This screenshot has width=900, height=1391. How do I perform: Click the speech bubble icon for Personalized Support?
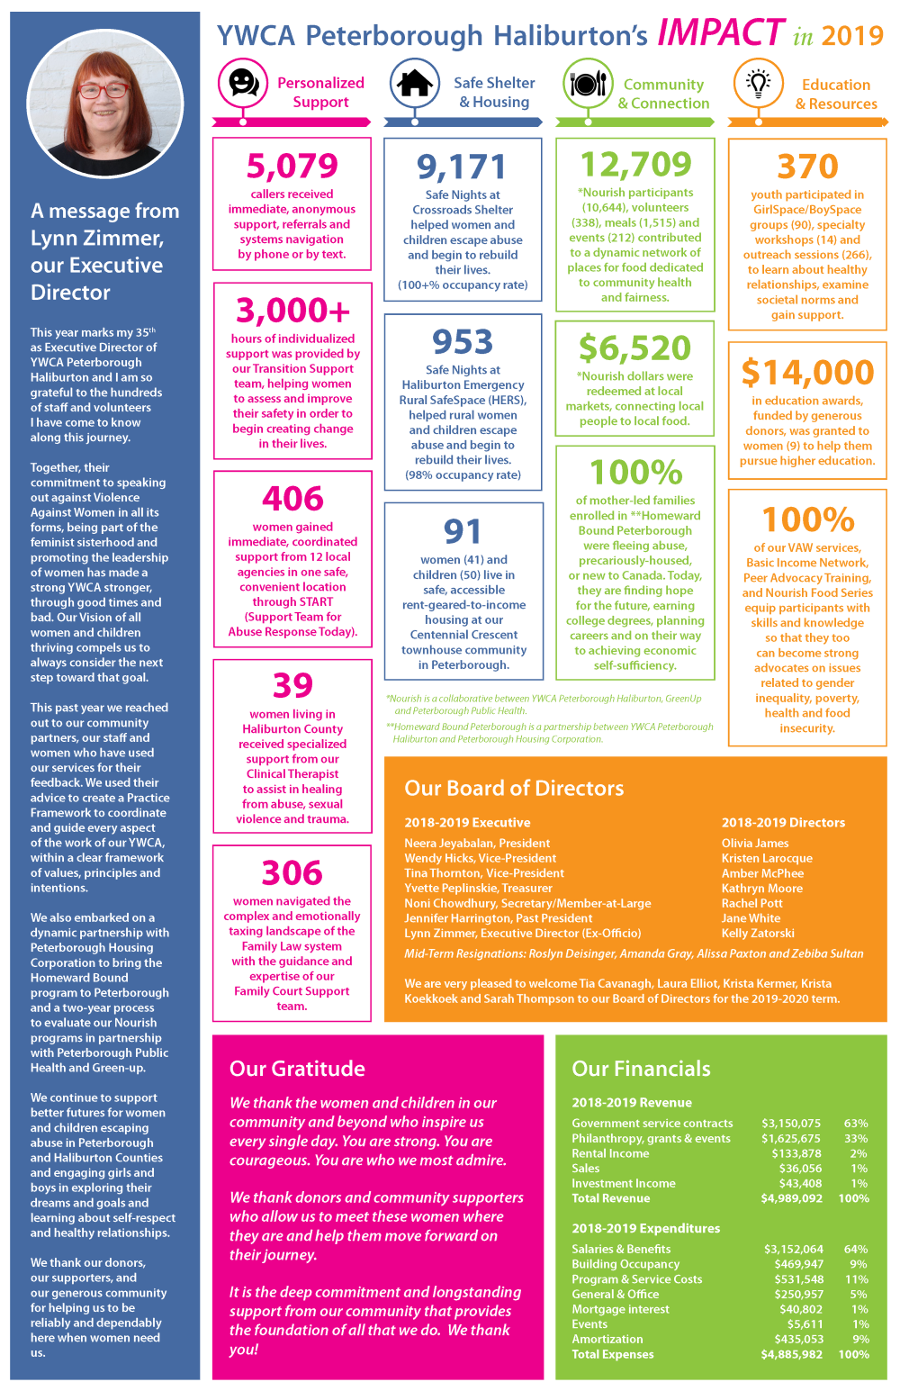(243, 82)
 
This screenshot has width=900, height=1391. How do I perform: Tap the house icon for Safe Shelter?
(415, 83)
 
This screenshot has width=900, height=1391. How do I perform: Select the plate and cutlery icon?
(588, 83)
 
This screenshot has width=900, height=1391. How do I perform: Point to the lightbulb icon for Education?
(758, 84)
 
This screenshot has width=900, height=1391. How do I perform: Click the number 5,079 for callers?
(292, 166)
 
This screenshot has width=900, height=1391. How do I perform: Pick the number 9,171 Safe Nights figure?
(463, 167)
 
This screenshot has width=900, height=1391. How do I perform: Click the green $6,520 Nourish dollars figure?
(634, 348)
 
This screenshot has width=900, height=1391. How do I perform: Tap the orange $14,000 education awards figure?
(807, 373)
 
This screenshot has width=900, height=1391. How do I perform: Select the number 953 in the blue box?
(463, 342)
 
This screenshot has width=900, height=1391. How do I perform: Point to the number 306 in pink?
(292, 873)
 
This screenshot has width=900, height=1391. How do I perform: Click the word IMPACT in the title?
(721, 32)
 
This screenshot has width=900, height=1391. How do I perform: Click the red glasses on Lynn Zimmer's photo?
(103, 91)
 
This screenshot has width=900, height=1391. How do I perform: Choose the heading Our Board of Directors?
(514, 788)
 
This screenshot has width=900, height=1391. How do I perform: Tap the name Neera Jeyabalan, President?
(477, 843)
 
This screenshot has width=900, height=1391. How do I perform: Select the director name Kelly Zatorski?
(758, 933)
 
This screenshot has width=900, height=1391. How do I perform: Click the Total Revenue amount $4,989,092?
(791, 1197)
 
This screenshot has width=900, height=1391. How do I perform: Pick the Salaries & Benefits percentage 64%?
(856, 1249)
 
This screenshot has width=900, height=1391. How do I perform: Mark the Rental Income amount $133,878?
(796, 1153)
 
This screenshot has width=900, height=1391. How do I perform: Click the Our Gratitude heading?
(297, 1068)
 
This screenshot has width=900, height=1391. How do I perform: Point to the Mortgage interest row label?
(621, 1309)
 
